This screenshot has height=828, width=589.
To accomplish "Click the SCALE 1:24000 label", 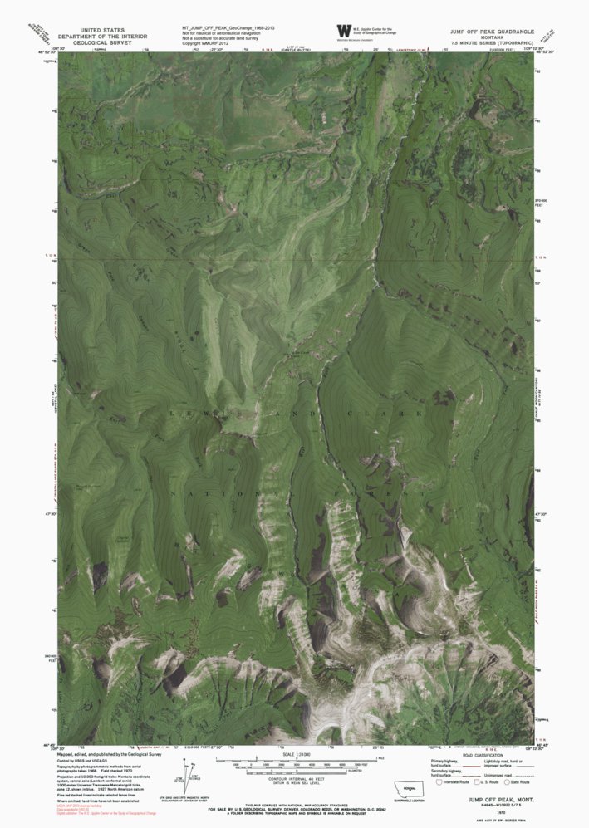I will (295, 753).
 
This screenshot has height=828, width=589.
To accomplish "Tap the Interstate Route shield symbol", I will (440, 781).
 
